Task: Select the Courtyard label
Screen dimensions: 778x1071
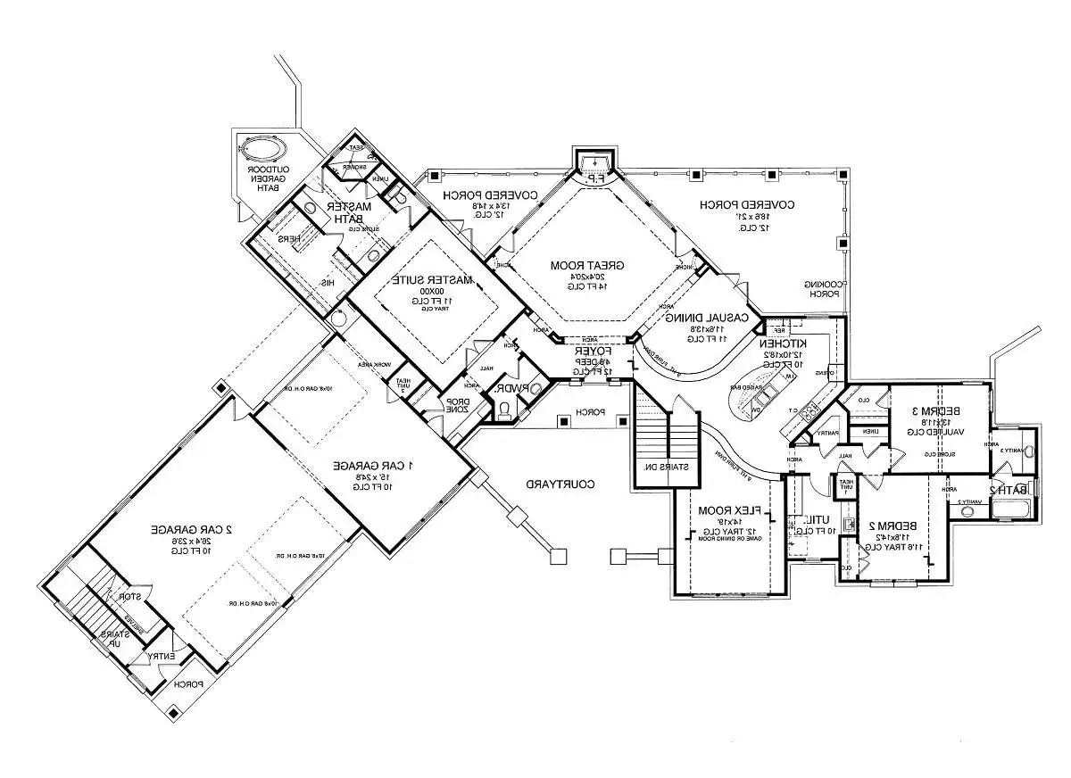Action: (560, 484)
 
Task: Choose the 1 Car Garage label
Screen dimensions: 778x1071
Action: (374, 465)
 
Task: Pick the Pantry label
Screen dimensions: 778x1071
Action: (826, 434)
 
